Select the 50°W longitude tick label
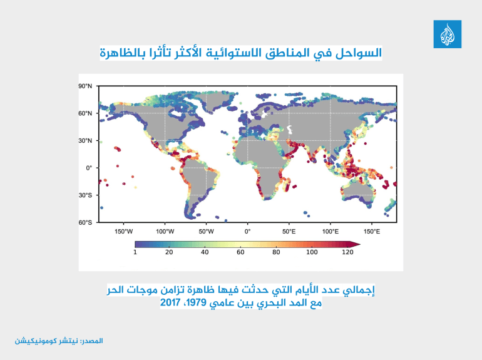pyautogui.click(x=206, y=230)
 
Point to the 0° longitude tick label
pyautogui.click(x=247, y=230)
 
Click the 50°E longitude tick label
pyautogui.click(x=289, y=230)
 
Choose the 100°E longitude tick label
pyautogui.click(x=330, y=230)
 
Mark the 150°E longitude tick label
pyautogui.click(x=372, y=230)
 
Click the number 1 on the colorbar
pyautogui.click(x=135, y=252)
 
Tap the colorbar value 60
pyautogui.click(x=240, y=252)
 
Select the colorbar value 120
pyautogui.click(x=347, y=252)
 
